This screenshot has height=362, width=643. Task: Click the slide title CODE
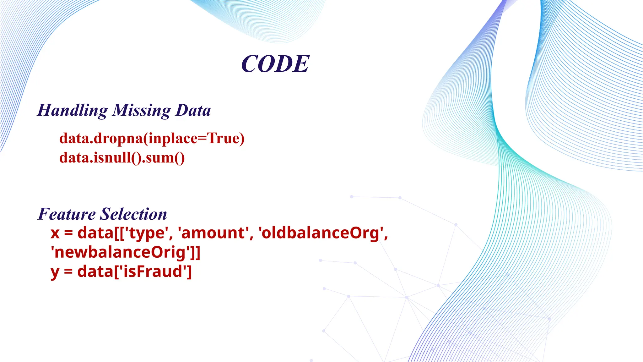[x=275, y=64]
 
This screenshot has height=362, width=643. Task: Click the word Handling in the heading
[x=72, y=111]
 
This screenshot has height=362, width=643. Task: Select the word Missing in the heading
[x=142, y=111]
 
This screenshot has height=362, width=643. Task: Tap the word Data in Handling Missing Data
[x=193, y=111]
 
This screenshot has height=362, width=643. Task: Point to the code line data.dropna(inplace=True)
[x=152, y=138]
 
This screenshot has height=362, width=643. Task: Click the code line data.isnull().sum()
[x=122, y=157]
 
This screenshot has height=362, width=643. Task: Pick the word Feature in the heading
[x=67, y=214]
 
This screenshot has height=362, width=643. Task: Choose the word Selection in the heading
[x=133, y=214]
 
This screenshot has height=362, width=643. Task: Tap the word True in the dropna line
[x=224, y=138]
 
